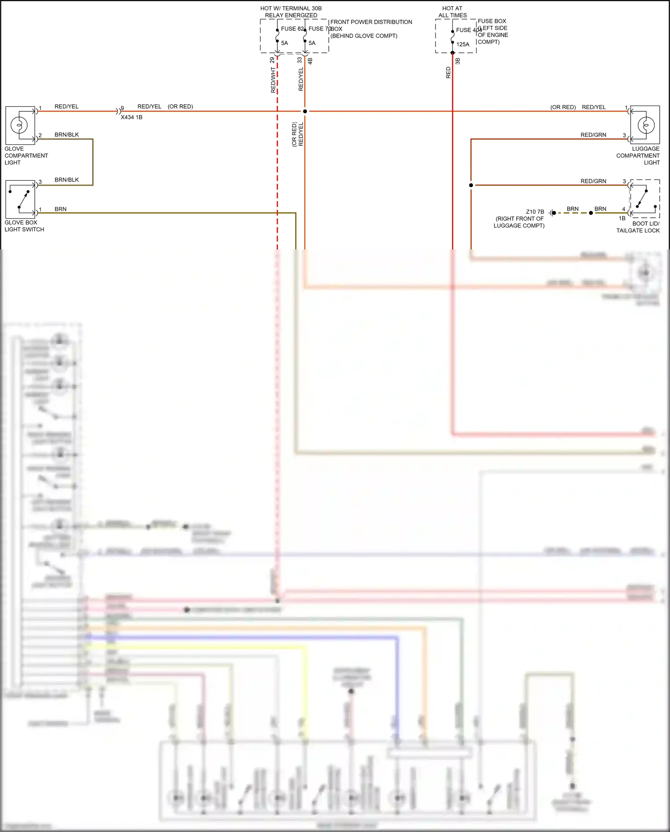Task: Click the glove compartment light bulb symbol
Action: click(x=20, y=125)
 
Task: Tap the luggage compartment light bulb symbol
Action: click(x=645, y=125)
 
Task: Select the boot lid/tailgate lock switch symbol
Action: click(x=645, y=198)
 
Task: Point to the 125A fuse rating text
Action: click(x=463, y=44)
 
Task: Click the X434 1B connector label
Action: click(x=131, y=117)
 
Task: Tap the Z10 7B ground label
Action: click(x=535, y=212)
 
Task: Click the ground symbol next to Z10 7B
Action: click(x=552, y=213)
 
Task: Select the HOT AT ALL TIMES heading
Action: click(x=452, y=12)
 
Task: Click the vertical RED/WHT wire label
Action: click(x=273, y=80)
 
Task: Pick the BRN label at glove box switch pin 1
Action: click(x=60, y=209)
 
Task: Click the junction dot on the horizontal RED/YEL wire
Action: click(x=305, y=111)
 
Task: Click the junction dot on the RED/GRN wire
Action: click(x=471, y=185)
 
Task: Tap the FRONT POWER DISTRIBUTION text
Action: click(x=371, y=22)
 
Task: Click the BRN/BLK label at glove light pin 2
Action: click(x=67, y=135)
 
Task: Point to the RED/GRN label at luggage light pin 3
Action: click(x=593, y=135)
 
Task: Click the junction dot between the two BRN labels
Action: click(x=591, y=213)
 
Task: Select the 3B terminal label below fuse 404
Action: click(x=457, y=61)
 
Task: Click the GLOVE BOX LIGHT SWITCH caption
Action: click(x=24, y=226)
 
